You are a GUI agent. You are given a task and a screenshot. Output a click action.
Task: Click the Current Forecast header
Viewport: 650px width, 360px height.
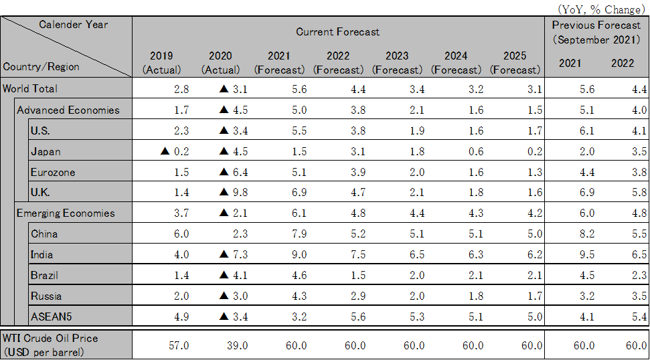coord(337,31)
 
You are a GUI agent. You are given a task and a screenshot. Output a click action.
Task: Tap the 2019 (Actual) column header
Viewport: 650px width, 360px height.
coord(161,62)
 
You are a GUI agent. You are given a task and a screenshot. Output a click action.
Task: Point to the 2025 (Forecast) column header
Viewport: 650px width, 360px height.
coord(514,62)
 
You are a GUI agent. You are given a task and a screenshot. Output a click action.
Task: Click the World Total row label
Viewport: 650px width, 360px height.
coord(30,88)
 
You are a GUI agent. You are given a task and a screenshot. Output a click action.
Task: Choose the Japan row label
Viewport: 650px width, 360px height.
coord(46,151)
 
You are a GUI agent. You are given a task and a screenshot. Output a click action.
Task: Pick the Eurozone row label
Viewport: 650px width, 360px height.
coord(53,172)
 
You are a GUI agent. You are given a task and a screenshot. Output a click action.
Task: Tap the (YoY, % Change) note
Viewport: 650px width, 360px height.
coord(600,9)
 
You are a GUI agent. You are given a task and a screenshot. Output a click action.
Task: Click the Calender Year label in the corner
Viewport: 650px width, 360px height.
coord(74,24)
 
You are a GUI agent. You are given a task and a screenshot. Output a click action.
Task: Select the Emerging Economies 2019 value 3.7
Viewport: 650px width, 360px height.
coord(181,213)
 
